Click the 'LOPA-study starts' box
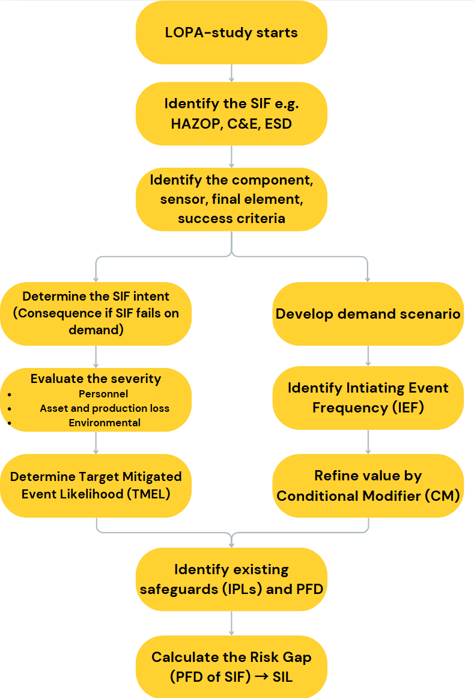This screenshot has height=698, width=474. tap(231, 32)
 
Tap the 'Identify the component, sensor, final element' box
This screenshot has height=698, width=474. tap(231, 199)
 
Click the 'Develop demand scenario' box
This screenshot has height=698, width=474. tap(368, 314)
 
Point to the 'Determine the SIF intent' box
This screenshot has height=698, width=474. tap(96, 313)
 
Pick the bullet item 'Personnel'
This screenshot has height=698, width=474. tap(103, 394)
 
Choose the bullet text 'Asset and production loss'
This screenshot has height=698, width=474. tap(105, 408)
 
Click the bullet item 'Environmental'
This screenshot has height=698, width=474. tap(105, 423)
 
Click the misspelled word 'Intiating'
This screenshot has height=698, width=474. tap(385, 388)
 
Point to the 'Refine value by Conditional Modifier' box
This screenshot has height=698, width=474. tap(368, 486)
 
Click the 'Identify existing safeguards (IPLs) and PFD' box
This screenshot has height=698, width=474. tap(231, 579)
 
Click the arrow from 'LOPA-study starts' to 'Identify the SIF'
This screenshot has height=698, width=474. tap(231, 73)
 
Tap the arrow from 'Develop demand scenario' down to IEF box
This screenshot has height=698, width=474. tap(368, 355)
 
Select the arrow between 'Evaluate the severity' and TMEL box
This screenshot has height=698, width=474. tap(96, 443)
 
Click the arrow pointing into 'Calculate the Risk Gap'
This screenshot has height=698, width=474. tap(231, 623)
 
